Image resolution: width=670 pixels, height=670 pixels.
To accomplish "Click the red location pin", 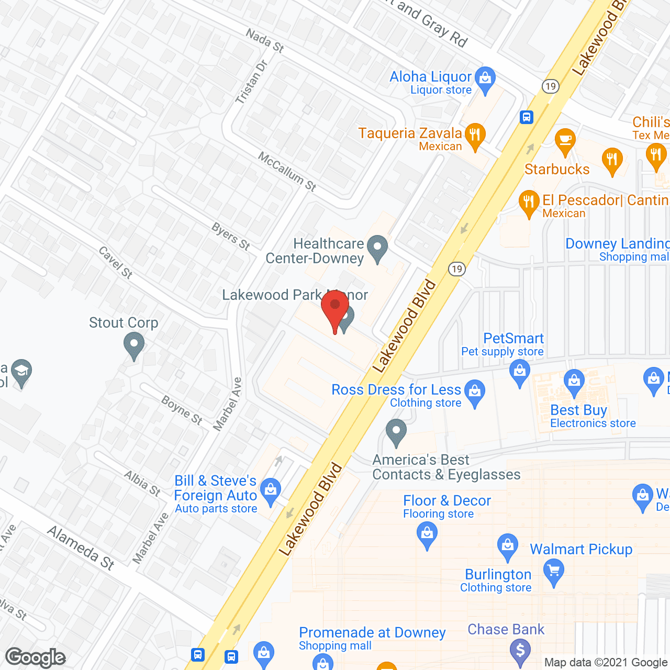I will pos(335,309).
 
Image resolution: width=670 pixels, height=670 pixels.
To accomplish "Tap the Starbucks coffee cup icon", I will pos(565,141).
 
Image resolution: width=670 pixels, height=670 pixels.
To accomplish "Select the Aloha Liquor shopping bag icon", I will pos(485,79).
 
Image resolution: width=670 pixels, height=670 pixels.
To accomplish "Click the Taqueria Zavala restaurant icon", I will pos(475,136).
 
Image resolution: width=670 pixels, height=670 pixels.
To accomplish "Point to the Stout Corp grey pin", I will pos(134,345).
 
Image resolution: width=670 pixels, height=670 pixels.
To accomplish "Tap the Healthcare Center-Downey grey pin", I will pos(377,248).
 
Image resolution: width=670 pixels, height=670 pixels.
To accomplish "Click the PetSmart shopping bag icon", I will pos(520,373).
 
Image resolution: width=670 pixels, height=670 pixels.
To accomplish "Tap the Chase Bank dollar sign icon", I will pos(520,651).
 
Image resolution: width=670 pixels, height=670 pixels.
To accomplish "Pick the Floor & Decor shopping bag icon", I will pos(427,535).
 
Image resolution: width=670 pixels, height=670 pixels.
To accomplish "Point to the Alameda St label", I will pos(81,548).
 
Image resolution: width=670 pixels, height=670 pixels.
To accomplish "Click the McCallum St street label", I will pos(287,172).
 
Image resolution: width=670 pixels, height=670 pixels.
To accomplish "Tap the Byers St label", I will pos(231,236).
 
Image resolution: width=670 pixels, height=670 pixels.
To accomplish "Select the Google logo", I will pos(36,657).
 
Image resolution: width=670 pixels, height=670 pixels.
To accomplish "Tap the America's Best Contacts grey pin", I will pos(396,432).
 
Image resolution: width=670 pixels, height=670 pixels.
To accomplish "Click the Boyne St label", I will pos(182,410).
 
